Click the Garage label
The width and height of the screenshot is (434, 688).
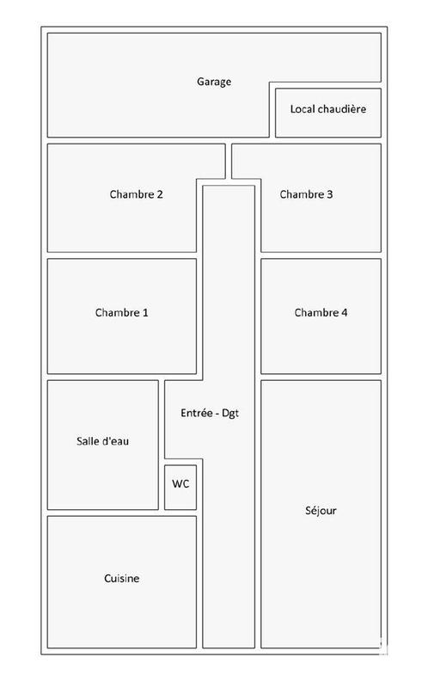214,82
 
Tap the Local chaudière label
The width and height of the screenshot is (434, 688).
327,109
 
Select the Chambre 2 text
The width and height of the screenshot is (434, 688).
136,194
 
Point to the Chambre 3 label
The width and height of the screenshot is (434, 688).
306,194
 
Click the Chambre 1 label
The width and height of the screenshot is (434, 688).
121,313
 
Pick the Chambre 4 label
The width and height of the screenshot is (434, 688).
321,313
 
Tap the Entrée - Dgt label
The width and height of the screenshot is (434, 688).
210,413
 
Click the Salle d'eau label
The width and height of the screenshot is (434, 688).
103,441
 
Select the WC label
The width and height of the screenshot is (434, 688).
180,484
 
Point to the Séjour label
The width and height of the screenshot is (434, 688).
321,511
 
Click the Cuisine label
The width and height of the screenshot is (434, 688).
121,579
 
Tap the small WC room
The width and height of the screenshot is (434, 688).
180,494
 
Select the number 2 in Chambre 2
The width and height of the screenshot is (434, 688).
160,194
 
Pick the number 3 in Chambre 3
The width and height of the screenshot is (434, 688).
330,194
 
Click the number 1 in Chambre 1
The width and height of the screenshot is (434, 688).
145,313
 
